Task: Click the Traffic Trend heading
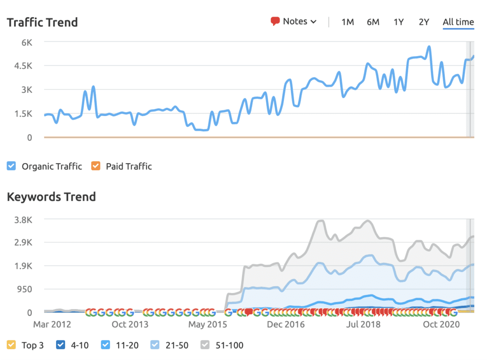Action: (x=42, y=23)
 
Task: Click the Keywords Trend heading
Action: (x=51, y=197)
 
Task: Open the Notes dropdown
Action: (x=293, y=21)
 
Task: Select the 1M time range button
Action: (x=348, y=22)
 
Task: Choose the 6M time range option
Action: (x=373, y=22)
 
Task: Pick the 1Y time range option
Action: (x=399, y=22)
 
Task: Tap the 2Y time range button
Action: (x=424, y=22)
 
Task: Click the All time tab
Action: (x=458, y=22)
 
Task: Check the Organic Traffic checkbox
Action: (x=11, y=166)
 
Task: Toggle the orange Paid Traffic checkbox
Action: (x=96, y=166)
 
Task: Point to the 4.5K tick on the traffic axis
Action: (x=23, y=66)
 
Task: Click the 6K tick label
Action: (x=27, y=42)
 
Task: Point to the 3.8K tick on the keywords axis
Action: (x=23, y=220)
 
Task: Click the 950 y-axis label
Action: (x=25, y=289)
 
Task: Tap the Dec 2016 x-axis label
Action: (x=286, y=324)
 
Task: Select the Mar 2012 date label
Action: (x=52, y=324)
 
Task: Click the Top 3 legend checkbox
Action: (x=11, y=345)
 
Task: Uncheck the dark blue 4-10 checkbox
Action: (x=60, y=345)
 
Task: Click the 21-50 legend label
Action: (x=177, y=345)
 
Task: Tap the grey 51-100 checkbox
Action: (x=205, y=345)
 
